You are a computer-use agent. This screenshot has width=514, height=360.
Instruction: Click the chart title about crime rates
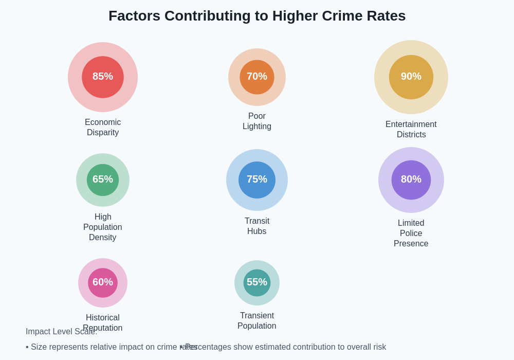257,16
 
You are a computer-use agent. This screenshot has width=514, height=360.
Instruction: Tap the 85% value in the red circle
103,77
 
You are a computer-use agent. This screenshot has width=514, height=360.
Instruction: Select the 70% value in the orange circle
257,77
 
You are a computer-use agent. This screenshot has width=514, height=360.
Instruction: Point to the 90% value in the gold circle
411,77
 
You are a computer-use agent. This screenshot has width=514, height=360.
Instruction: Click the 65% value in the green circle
103,179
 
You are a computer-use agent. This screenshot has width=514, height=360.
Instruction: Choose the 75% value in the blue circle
257,179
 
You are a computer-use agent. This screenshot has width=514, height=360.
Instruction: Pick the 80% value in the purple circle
411,179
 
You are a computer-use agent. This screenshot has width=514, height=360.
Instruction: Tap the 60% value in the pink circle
103,282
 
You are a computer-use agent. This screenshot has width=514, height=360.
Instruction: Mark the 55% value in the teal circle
257,282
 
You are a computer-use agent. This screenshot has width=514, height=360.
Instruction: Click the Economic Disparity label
103,128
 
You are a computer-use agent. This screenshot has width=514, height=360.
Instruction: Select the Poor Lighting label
257,121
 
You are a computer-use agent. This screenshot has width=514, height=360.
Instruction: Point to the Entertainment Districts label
411,130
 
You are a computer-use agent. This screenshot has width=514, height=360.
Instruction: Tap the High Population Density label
103,227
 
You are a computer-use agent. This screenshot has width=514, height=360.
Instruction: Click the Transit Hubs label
257,226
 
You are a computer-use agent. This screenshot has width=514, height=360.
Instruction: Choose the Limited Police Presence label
411,233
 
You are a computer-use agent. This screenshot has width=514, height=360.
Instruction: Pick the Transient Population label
257,321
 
